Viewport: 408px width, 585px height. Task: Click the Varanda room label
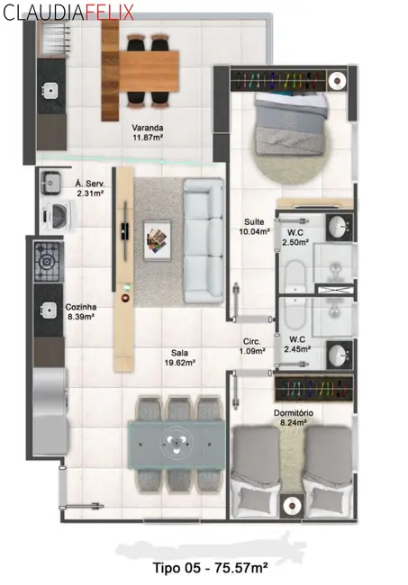[148, 132]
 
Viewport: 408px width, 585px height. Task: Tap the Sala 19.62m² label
[180, 357]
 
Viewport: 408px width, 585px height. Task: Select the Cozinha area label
[81, 311]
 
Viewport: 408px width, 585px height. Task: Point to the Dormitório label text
[294, 418]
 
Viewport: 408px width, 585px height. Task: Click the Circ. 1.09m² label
[252, 346]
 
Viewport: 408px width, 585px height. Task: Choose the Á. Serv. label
[89, 188]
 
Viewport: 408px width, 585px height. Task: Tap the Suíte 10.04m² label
[254, 227]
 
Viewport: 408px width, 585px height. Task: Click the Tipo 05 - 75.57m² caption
[210, 568]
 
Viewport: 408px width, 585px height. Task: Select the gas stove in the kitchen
[48, 262]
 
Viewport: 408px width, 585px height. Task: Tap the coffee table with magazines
[158, 240]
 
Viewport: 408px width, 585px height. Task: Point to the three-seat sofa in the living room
[204, 240]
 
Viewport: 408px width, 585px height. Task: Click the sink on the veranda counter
[49, 90]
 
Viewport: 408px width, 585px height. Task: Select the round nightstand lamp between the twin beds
[291, 506]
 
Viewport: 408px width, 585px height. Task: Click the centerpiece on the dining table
[176, 443]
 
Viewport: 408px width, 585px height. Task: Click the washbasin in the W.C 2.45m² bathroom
[339, 354]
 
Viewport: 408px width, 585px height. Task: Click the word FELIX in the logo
[109, 12]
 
